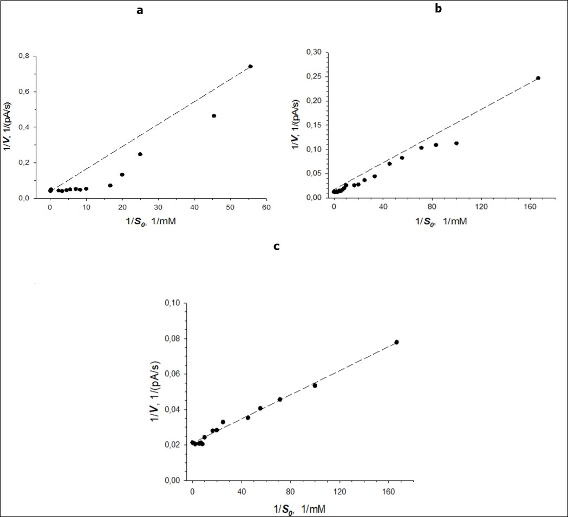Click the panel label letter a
[140, 11]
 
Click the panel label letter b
[439, 9]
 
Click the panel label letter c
[276, 247]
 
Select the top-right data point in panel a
[250, 67]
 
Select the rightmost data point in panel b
[538, 78]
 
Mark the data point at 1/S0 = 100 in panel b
[456, 143]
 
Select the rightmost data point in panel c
[396, 342]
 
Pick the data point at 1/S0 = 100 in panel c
[314, 385]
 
